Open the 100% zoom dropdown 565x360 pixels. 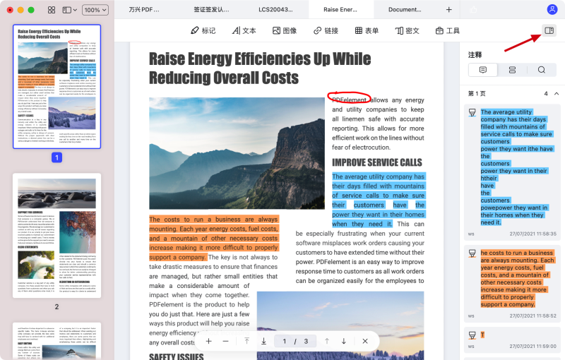92,10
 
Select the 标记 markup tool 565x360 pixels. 203,31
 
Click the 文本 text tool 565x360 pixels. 243,31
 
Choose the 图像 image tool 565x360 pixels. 285,31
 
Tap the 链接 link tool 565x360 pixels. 326,31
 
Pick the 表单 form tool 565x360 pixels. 367,31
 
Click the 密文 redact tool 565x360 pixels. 408,31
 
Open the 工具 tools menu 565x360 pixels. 448,31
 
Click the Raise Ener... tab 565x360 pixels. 341,10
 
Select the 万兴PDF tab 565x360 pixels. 145,10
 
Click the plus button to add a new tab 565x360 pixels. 449,10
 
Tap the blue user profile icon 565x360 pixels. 552,10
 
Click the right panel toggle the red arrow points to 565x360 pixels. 549,30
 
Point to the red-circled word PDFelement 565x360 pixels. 348,100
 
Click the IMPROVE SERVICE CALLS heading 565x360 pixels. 377,162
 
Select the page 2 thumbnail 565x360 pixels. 56,236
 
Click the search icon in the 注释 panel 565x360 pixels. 542,70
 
